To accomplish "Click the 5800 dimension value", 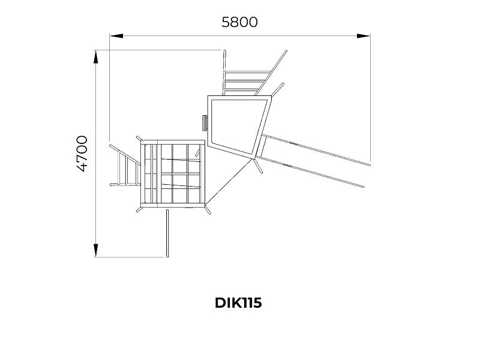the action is (x=239, y=22).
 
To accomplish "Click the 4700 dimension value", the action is (x=82, y=154).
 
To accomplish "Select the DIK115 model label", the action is (x=238, y=303).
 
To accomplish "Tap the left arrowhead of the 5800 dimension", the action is (x=116, y=36).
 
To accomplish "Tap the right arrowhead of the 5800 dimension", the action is (x=364, y=36).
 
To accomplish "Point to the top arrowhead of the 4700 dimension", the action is (x=96, y=58).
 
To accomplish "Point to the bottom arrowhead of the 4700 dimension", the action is (x=96, y=250).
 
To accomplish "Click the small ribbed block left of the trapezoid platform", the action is (x=204, y=123).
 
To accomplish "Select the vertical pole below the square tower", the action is (x=167, y=233).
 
